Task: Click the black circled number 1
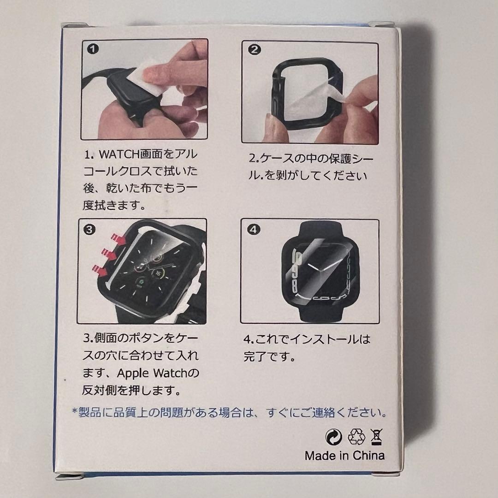coord(93,49)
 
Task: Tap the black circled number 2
coord(254,49)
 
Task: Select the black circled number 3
coord(89,229)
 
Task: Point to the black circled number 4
coord(253,229)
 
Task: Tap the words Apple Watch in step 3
coord(151,373)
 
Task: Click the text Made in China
coord(344,456)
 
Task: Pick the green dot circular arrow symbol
coord(334,437)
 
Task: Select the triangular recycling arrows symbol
coord(356,437)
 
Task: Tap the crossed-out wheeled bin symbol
coord(376,437)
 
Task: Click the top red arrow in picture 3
coord(118,238)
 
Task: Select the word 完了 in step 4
coord(255,356)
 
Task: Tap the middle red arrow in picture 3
coord(109,254)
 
